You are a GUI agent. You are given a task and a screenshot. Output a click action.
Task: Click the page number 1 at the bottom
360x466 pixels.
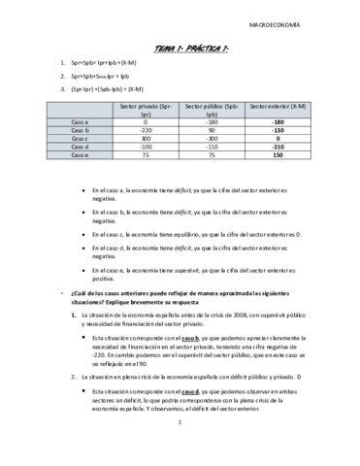click(x=180, y=449)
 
